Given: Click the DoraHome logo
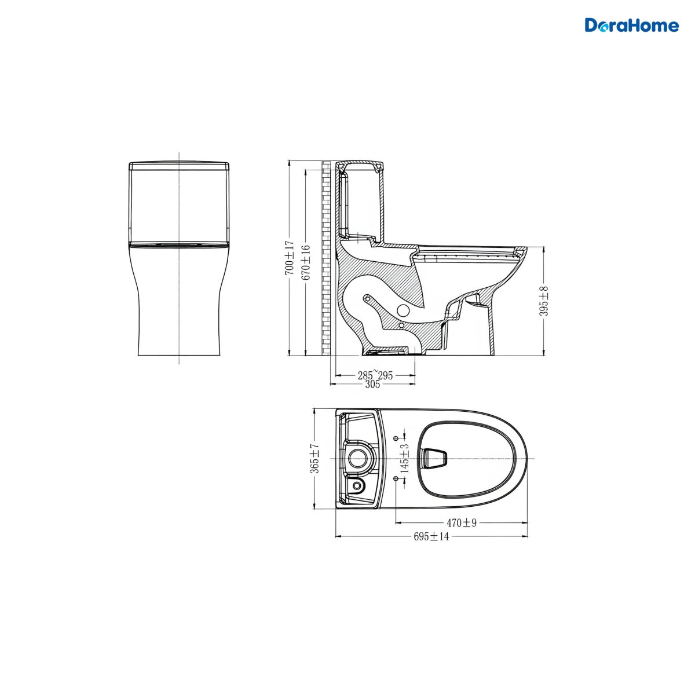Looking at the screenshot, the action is (x=631, y=25).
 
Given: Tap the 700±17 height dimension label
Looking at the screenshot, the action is (x=290, y=258).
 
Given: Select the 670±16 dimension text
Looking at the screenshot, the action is (x=306, y=262).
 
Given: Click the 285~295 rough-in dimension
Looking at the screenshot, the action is (x=375, y=375).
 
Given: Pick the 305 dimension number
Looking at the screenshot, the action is (x=372, y=385).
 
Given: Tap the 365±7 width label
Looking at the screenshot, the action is (x=314, y=459).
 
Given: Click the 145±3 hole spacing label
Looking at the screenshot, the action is (x=405, y=458).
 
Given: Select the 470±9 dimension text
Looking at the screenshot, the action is (x=462, y=522).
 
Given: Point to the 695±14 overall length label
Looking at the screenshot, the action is (x=431, y=537).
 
